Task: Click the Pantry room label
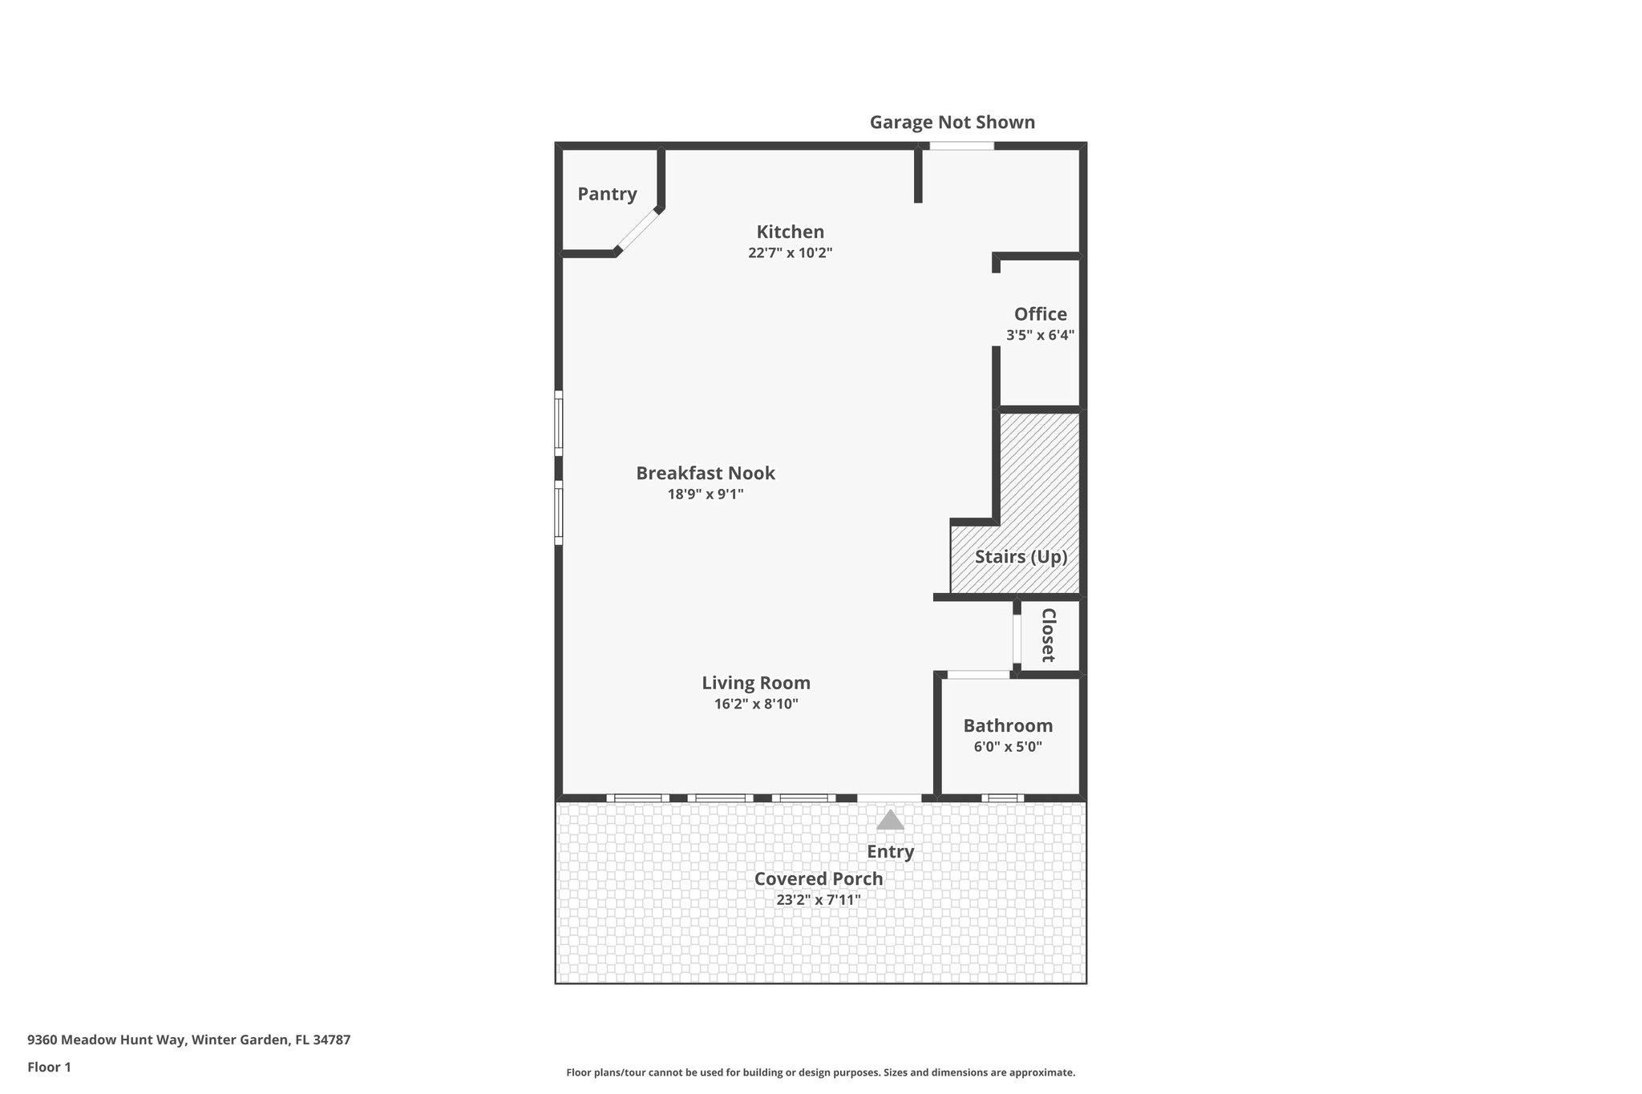tap(607, 194)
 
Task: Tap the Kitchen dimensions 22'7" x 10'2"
tap(790, 252)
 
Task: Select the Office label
tap(1040, 314)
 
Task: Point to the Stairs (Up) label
tap(1021, 556)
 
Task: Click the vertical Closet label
tap(1048, 635)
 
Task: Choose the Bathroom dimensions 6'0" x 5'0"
tap(1007, 747)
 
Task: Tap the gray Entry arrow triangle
tap(889, 820)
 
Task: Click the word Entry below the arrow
tap(890, 851)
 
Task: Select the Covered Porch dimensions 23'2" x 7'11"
tap(818, 900)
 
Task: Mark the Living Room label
tap(756, 683)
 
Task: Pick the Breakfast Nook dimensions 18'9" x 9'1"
tap(706, 495)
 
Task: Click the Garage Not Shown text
tap(952, 123)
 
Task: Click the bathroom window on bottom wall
tap(1002, 797)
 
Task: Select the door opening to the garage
tap(961, 146)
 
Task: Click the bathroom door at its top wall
tap(978, 675)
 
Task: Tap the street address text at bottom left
tap(188, 1040)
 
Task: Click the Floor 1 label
tap(49, 1068)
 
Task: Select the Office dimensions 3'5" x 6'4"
tap(1040, 335)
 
